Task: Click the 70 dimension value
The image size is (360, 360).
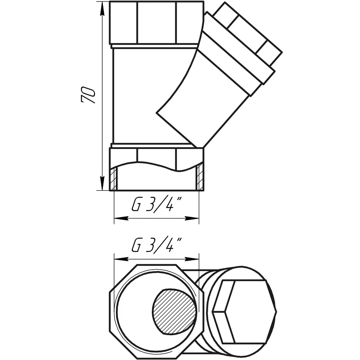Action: click(88, 95)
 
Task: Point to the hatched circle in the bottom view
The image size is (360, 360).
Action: click(174, 309)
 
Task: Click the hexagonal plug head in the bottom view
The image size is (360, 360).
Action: click(244, 311)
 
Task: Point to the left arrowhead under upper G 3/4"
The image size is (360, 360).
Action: click(121, 218)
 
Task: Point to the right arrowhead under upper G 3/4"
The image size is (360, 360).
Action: click(192, 218)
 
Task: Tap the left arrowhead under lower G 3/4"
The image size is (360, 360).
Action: click(121, 259)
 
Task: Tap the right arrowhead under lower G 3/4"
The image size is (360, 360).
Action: click(192, 259)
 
